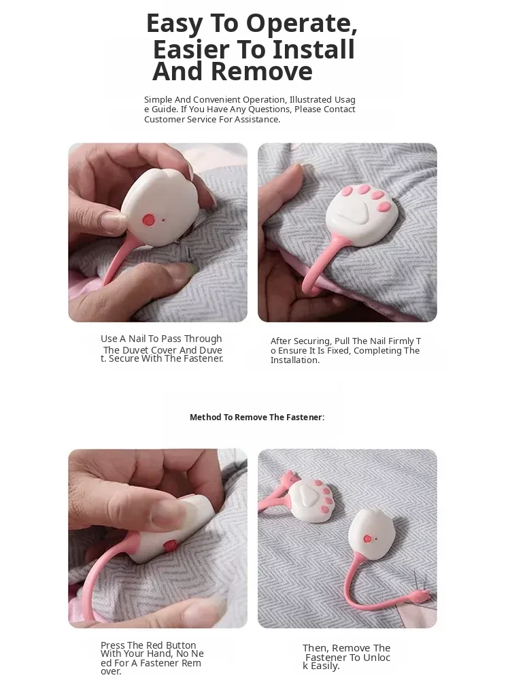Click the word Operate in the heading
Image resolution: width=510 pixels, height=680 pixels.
click(301, 24)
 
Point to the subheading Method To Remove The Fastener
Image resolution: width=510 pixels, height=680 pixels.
click(257, 418)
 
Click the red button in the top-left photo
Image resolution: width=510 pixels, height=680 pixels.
click(148, 220)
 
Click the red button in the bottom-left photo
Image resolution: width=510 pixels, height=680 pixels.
click(169, 545)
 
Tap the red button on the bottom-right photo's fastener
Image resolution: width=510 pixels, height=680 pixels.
click(368, 539)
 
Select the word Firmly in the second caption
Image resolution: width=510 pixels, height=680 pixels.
click(401, 341)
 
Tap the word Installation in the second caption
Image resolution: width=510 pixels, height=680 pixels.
click(295, 360)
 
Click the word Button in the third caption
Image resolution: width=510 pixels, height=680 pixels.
click(181, 645)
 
